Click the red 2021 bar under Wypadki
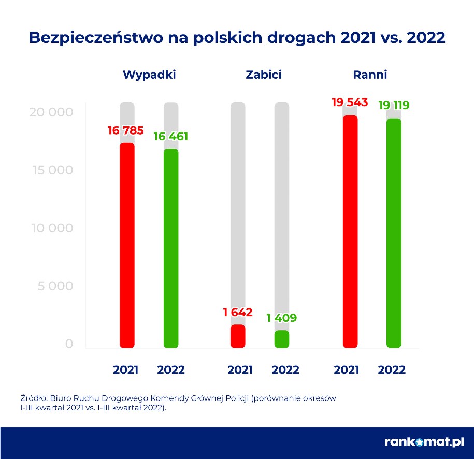pos(127,245)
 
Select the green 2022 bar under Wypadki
pos(171,248)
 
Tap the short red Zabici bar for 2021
pos(238,336)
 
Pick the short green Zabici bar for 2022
pos(282,339)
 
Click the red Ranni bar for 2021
pos(350,231)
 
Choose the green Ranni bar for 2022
pos(394,233)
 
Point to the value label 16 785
pos(125,130)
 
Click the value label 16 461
pos(171,137)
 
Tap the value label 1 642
pos(238,313)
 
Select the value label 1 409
pos(282,318)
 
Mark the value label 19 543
pos(350,102)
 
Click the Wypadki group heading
pos(149,75)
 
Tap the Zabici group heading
pos(263,75)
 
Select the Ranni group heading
pos(370,75)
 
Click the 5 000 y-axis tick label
pos(55,286)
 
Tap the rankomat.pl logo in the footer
pos(424,442)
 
